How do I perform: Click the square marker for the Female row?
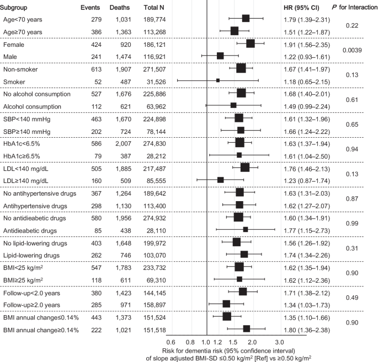(251, 44)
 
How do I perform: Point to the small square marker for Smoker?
(218, 81)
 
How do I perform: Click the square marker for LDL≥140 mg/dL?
(221, 180)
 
